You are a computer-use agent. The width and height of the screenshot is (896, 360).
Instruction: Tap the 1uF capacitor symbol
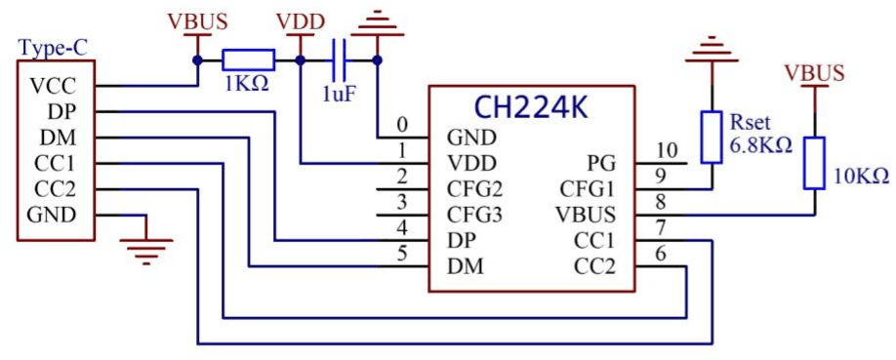pyautogui.click(x=339, y=60)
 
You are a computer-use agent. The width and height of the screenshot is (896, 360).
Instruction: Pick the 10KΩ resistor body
pyautogui.click(x=814, y=163)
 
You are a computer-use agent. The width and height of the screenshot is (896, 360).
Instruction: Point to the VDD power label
pyautogui.click(x=301, y=21)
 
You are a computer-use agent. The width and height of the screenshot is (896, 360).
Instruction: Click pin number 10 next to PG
pyautogui.click(x=666, y=150)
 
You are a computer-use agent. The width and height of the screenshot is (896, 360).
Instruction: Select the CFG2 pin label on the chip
pyautogui.click(x=474, y=188)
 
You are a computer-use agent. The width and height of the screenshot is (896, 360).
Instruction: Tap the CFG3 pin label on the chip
pyautogui.click(x=474, y=215)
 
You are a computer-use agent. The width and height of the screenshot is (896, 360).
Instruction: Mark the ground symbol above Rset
pyautogui.click(x=712, y=49)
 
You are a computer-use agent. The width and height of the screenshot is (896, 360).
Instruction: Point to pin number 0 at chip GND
pyautogui.click(x=402, y=125)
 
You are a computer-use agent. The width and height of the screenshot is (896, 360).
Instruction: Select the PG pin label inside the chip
pyautogui.click(x=601, y=162)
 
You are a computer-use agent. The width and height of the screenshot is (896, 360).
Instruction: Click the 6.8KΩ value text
pyautogui.click(x=761, y=146)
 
